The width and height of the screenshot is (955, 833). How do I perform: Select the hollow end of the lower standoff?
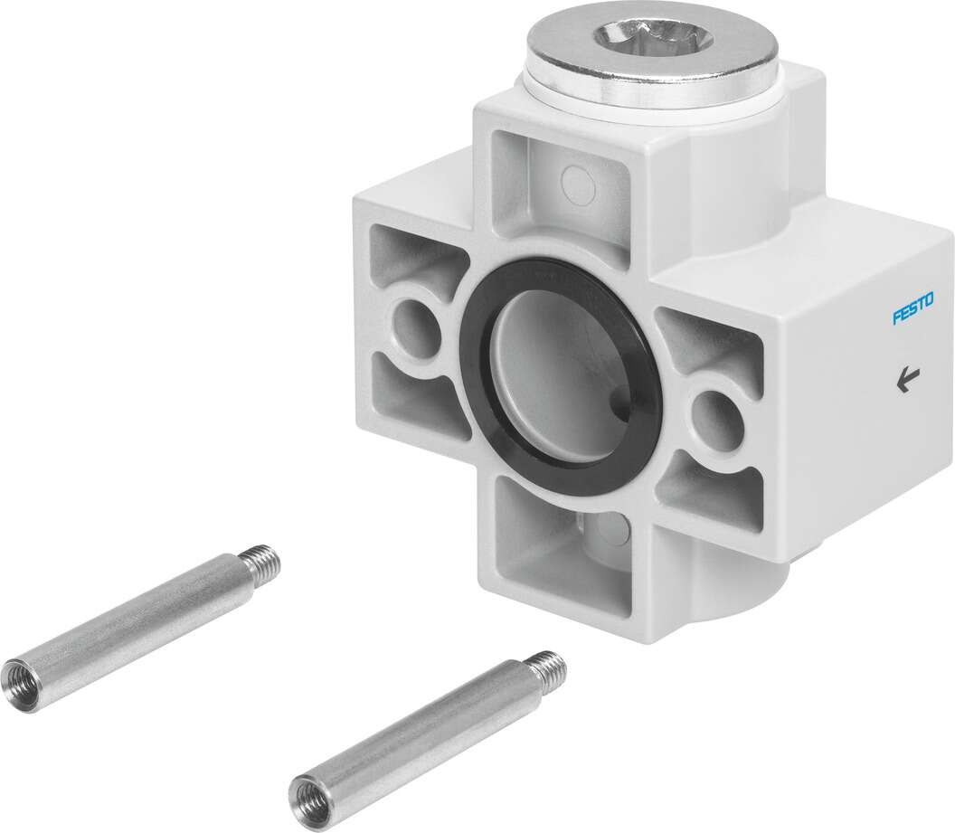[x=306, y=792]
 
